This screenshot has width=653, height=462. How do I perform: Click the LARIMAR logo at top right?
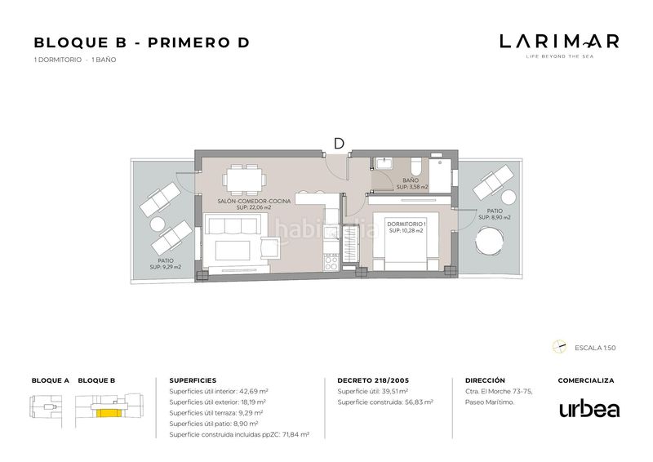(559, 46)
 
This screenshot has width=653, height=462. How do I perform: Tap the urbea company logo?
(589, 408)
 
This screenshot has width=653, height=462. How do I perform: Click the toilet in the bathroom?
(415, 167)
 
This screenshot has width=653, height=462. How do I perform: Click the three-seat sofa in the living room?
(233, 225)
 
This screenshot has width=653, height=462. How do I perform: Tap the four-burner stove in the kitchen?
(331, 263)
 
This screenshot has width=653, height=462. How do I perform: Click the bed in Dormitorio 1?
(406, 242)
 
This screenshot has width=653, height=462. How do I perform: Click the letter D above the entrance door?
(339, 144)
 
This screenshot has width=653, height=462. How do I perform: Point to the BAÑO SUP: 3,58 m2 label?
(411, 184)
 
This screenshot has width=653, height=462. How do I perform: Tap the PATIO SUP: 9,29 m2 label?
(166, 264)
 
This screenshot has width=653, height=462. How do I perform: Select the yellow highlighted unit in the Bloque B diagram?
(109, 413)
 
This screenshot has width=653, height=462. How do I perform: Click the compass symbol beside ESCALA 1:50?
(559, 347)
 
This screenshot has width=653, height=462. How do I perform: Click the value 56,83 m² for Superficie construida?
(419, 402)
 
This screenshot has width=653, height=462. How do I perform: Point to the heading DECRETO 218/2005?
(373, 380)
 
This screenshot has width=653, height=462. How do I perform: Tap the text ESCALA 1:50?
(595, 348)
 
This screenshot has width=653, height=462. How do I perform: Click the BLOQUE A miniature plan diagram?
(46, 409)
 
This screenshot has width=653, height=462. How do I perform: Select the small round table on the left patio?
(158, 224)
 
